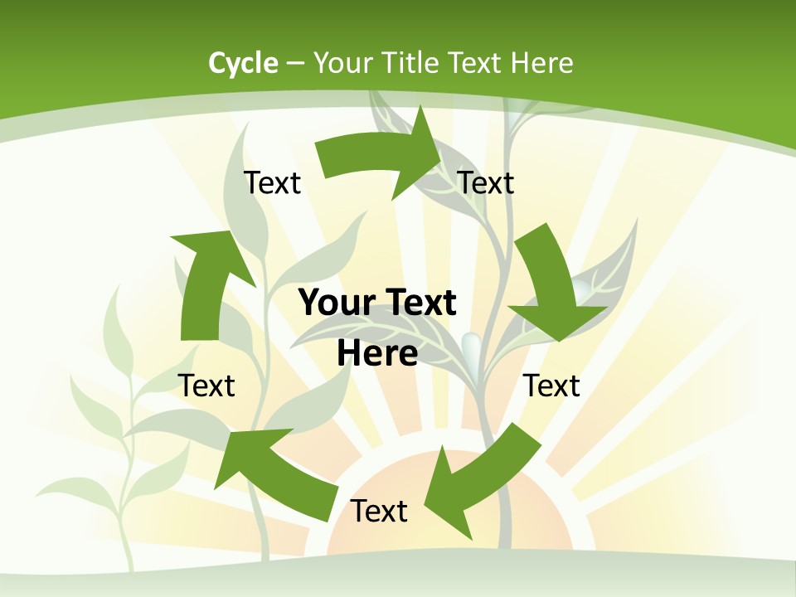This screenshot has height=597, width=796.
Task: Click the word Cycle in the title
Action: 243,63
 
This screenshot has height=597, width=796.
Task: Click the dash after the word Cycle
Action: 295,64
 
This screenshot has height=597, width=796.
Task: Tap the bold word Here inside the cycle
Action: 377,353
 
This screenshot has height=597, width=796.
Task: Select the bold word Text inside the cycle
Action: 420,303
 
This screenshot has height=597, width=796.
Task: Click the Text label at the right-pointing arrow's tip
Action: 486,182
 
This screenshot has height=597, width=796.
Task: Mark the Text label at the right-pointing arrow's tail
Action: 272,182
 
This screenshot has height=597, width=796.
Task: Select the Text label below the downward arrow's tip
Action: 551,386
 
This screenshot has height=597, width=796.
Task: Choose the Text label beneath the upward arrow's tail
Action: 206,386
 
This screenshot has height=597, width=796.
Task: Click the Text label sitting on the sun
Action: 379,511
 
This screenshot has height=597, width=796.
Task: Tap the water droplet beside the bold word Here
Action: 471,344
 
